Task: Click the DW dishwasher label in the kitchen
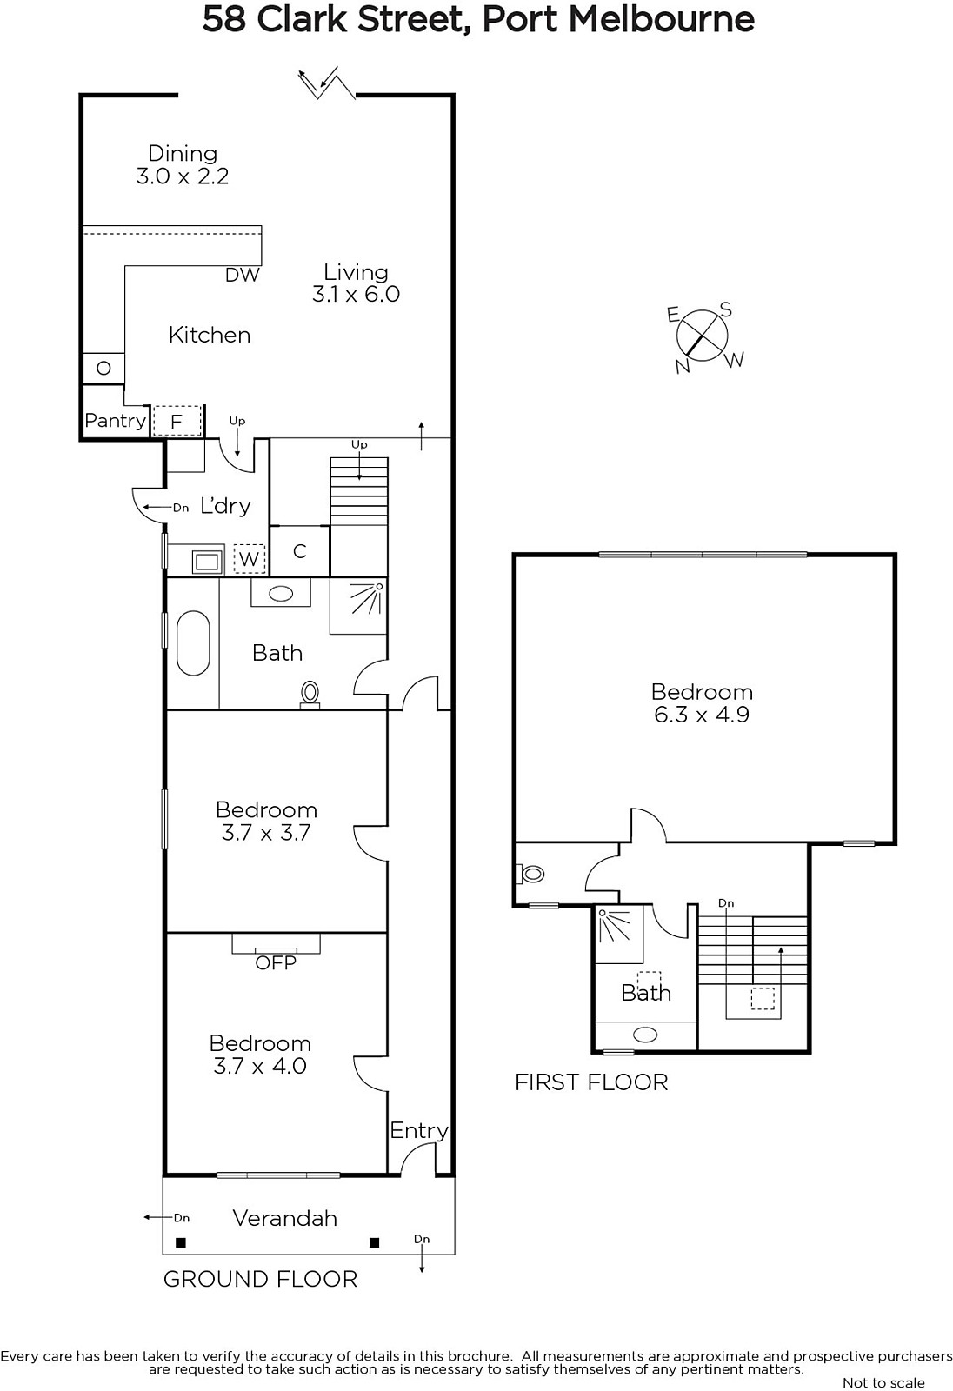[x=243, y=275]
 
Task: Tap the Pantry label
[x=115, y=421]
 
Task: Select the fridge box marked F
[x=177, y=422]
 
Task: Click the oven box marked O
[x=103, y=369]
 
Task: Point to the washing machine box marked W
[x=250, y=559]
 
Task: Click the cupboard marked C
[x=299, y=551]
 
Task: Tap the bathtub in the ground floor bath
[x=192, y=642]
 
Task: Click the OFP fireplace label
[x=276, y=963]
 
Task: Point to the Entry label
[x=419, y=1131]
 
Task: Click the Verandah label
[x=285, y=1218]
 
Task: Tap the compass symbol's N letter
[x=683, y=366]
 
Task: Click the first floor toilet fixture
[x=530, y=875]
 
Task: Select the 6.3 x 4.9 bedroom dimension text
[x=702, y=714]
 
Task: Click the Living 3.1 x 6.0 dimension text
[x=356, y=294]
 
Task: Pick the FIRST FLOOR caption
[x=591, y=1082]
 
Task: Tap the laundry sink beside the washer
[x=207, y=562]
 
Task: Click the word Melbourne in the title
[x=662, y=19]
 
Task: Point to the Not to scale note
[x=883, y=1383]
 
